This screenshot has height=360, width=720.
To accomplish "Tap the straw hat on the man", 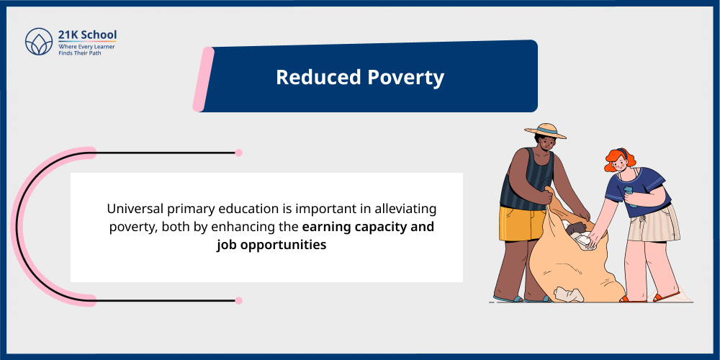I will coord(545,131).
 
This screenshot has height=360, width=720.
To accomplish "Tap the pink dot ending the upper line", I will coord(239,153).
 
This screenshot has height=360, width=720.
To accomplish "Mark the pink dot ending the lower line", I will coord(239,300).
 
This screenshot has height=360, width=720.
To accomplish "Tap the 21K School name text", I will coord(87,35).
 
